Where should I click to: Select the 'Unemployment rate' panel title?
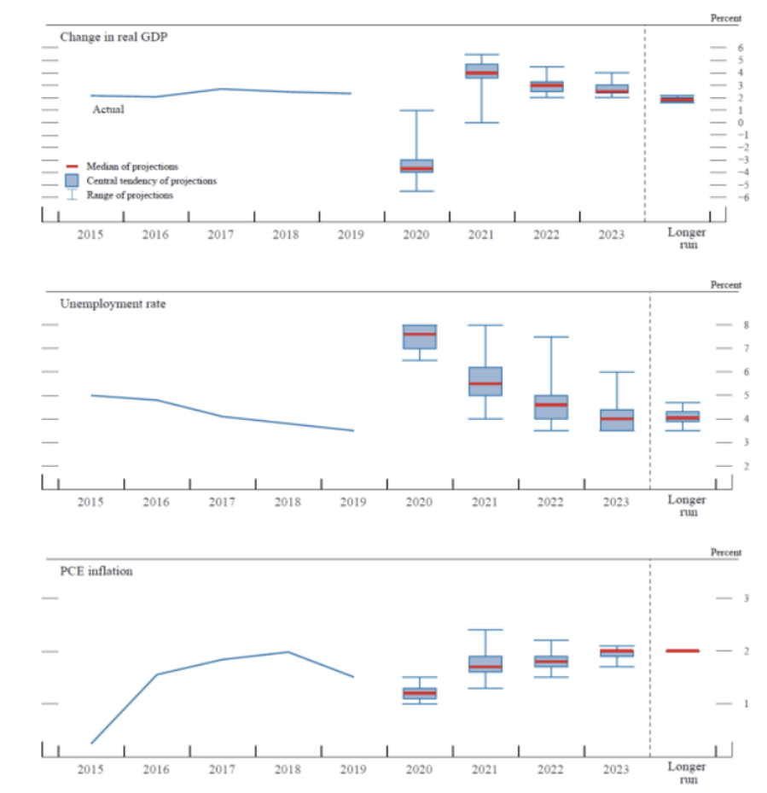(113, 304)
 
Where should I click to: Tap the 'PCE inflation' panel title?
(96, 570)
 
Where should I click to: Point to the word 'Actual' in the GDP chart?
(108, 109)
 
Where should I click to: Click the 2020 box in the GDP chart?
(417, 166)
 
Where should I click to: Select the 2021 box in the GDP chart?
(482, 71)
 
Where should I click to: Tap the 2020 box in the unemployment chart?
(419, 336)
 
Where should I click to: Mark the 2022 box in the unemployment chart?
(550, 406)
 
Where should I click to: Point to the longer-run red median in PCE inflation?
(683, 650)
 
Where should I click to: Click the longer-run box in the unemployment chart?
(683, 417)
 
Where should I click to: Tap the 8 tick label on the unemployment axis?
(722, 325)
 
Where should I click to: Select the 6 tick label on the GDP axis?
(718, 48)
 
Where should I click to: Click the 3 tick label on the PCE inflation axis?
(722, 598)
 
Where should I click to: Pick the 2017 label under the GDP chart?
(221, 235)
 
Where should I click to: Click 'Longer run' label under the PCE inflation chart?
(683, 773)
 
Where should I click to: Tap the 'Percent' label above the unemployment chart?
(725, 285)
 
